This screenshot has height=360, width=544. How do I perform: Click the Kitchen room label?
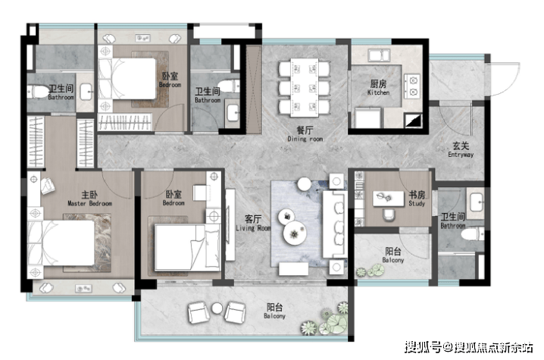coord(378,87)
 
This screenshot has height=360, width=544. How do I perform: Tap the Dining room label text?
coord(305,134)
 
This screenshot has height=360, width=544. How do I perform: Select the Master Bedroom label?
coord(89,199)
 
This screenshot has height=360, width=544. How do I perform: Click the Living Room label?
coord(253,223)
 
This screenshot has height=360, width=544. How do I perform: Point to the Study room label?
coord(417,199)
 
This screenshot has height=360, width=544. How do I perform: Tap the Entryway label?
coord(461,149)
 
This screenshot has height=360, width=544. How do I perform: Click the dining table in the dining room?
coord(305,87)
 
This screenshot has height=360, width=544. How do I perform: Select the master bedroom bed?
coord(61,243)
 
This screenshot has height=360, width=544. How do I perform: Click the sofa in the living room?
coord(335,224)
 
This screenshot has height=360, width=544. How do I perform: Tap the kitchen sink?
coord(379,55)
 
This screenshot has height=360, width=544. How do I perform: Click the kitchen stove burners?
coord(412,86)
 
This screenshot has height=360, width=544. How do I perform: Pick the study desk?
coord(388,199)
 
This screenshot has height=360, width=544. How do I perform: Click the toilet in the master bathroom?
coord(37,92)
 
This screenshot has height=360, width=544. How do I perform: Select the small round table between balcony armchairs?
coord(217,308)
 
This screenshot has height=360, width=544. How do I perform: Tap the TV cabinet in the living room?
coord(230,224)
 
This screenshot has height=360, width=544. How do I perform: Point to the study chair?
coord(389,215)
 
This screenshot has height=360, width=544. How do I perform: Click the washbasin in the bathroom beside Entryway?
coord(477,202)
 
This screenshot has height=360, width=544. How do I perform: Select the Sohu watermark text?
coord(469,347)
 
